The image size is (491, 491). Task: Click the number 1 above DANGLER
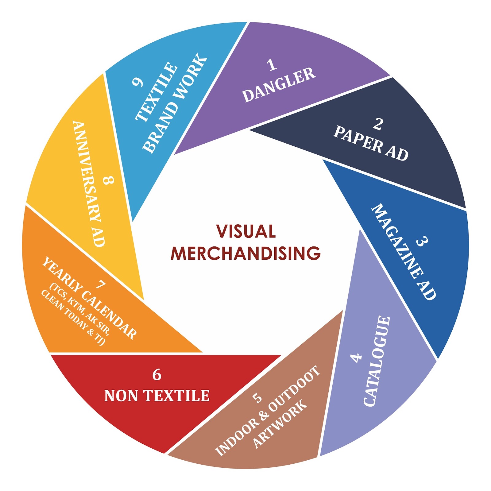click(x=272, y=65)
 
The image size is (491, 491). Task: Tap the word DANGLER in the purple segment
click(x=279, y=85)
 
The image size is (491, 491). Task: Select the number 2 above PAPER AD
click(x=378, y=124)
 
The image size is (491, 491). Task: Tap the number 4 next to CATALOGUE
click(x=356, y=358)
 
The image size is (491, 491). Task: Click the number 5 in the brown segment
click(x=257, y=398)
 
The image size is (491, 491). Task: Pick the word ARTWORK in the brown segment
click(x=280, y=424)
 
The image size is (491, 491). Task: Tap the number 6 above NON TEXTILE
click(x=157, y=375)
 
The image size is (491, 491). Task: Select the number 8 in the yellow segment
click(x=108, y=180)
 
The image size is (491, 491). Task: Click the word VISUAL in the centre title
click(x=246, y=231)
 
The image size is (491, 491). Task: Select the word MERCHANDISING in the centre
click(x=245, y=253)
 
